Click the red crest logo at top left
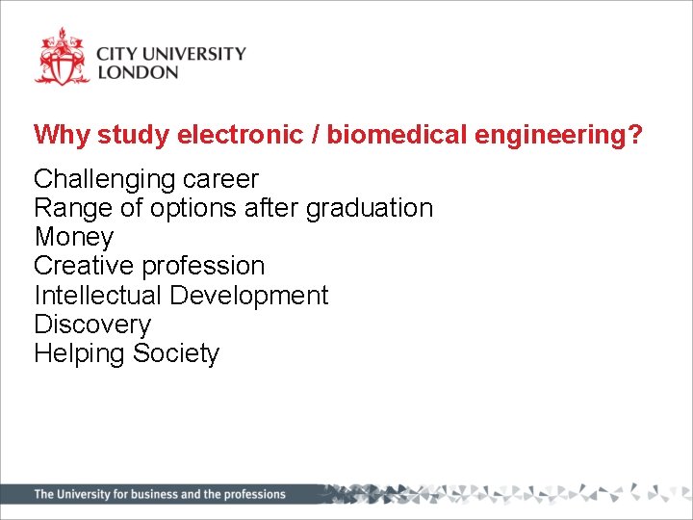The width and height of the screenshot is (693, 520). pos(62,58)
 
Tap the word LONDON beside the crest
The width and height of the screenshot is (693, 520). pos(138,72)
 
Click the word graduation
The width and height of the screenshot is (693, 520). pos(370,209)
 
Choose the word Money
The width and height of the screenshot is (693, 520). pos(73,238)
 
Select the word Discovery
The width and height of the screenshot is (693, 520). pos(92,325)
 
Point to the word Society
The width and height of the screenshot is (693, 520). pos(176,353)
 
